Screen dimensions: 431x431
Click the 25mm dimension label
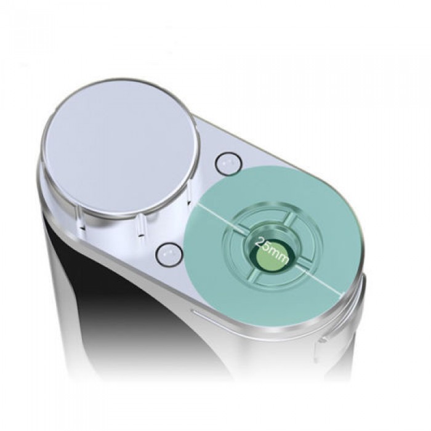272,250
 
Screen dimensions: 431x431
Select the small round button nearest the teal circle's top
228,164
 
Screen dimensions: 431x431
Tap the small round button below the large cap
168,254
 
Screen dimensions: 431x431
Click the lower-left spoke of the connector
253,275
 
